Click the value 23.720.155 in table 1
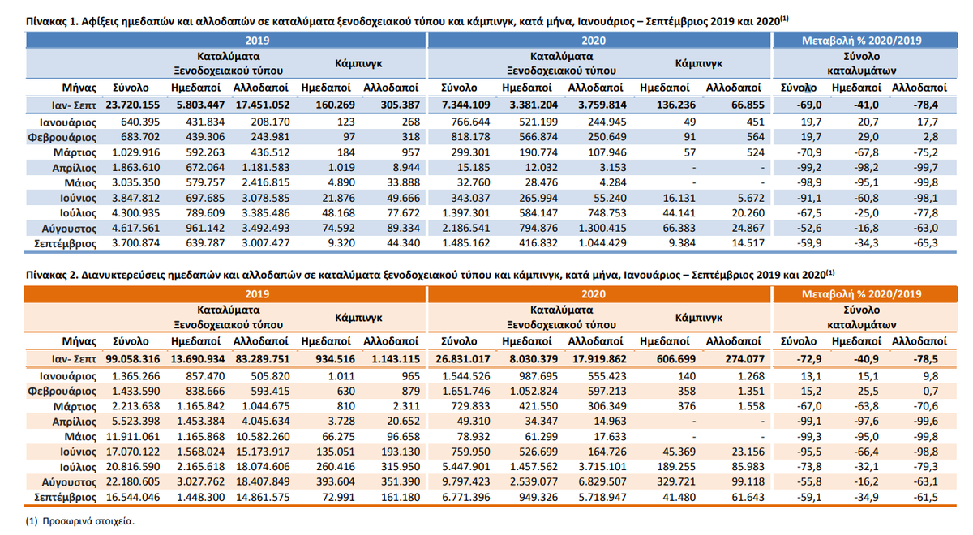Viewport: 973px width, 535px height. tap(132, 105)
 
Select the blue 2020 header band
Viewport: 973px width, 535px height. tap(598, 41)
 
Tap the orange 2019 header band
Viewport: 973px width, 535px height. tap(225, 294)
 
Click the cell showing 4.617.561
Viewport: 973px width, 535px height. tap(135, 229)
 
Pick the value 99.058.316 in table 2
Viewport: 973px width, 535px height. tap(132, 359)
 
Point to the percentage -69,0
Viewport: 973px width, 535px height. tap(809, 105)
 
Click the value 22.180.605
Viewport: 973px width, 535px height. tap(133, 482)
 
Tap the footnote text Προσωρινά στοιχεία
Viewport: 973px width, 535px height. tap(88, 521)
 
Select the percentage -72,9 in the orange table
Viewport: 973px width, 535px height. tap(809, 359)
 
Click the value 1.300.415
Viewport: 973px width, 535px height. tap(602, 229)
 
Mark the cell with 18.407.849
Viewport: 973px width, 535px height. tap(263, 482)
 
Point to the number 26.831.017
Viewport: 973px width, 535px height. tap(463, 359)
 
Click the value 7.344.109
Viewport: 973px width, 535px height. tap(465, 105)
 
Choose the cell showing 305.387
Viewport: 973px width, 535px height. tap(401, 105)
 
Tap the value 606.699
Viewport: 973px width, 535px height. tap(676, 359)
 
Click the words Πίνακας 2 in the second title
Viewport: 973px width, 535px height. tap(51, 276)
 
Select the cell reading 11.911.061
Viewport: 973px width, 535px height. tap(133, 437)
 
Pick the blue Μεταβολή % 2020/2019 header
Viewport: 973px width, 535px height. tap(862, 41)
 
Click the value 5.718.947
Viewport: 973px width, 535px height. tap(602, 497)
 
